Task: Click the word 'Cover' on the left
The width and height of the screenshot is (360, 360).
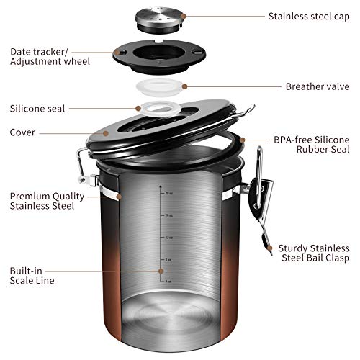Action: pos(23,132)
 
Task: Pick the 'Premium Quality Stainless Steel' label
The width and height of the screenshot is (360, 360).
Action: pos(43,201)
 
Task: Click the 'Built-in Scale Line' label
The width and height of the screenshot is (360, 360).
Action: pos(31,275)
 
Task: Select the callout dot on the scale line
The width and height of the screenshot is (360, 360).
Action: pos(159,274)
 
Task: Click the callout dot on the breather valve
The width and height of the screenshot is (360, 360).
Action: pos(185,86)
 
